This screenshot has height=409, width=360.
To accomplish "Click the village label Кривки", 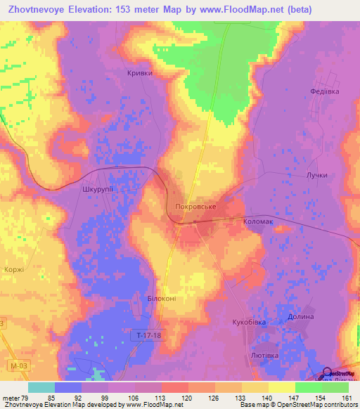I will click(139, 73).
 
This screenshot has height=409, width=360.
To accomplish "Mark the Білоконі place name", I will click(162, 299).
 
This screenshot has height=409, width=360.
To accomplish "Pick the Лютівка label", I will click(264, 356).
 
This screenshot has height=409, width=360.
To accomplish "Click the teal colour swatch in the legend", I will click(41, 387).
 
